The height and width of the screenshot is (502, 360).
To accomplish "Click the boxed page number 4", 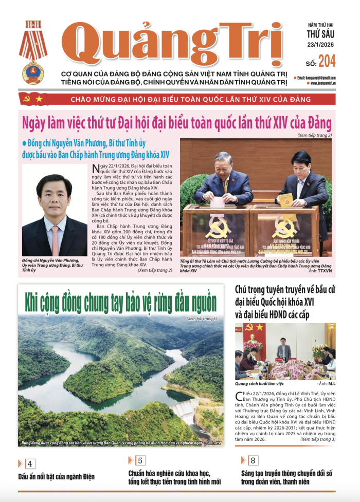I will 30,464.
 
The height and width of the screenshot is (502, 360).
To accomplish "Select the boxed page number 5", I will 140,460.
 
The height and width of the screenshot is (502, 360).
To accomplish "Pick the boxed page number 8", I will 253,460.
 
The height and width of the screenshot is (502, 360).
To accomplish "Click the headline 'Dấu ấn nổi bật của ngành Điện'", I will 56,476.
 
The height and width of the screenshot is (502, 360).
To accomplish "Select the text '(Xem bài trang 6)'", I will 202,319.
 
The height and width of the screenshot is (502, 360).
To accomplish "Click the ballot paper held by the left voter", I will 219,201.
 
